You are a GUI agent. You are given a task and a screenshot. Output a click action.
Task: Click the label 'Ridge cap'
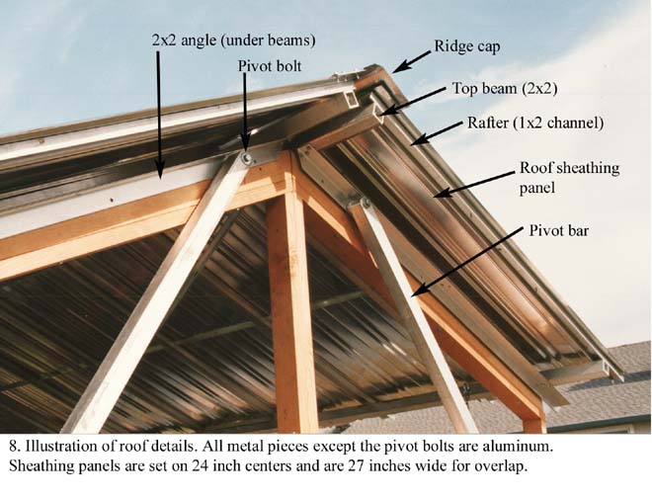coord(468,46)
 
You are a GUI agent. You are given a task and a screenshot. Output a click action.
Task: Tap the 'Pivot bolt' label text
coord(271,65)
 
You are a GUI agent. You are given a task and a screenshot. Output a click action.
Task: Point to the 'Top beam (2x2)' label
coord(506,88)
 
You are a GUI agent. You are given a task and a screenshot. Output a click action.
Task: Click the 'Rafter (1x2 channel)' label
coord(534,124)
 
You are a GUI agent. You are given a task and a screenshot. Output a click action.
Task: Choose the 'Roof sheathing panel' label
coord(569,178)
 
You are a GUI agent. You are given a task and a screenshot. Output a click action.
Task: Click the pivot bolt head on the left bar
coord(245,158)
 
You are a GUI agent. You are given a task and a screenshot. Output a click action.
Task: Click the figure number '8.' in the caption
coord(13,447)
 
